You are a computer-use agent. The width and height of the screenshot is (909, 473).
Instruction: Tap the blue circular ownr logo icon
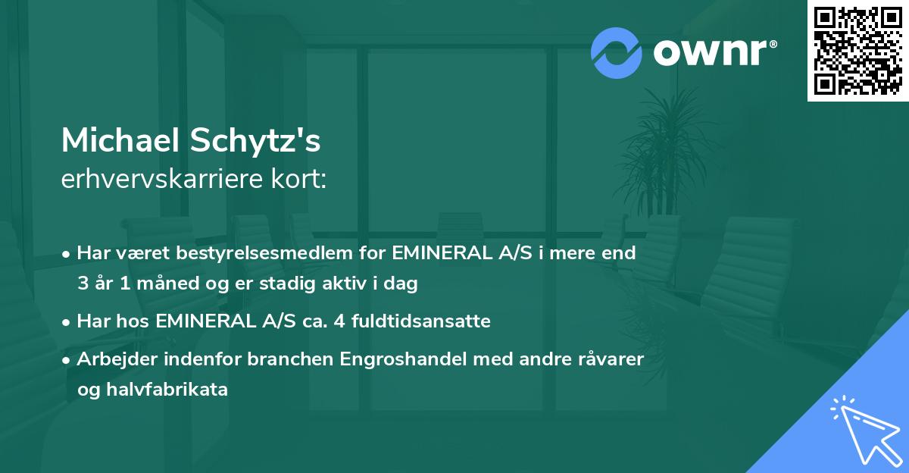click(617, 52)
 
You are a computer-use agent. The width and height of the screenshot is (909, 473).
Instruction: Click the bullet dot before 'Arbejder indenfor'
click(67, 360)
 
